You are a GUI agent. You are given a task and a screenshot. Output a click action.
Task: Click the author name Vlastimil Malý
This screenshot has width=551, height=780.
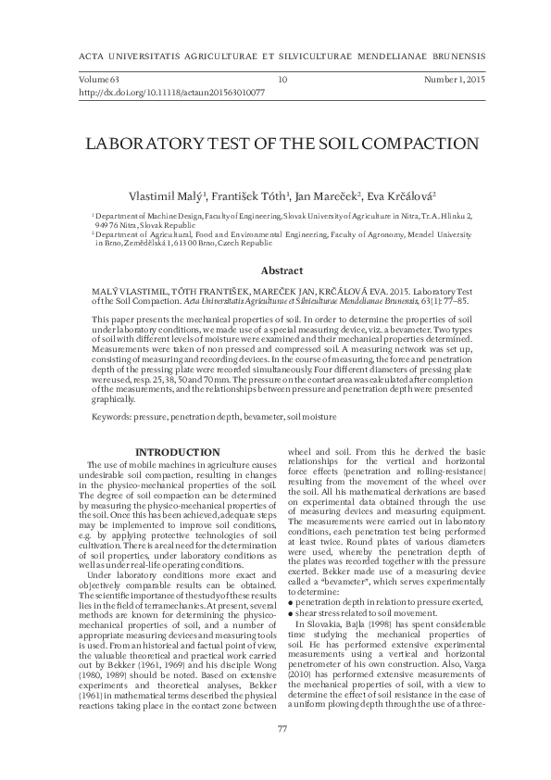pyautogui.click(x=168, y=196)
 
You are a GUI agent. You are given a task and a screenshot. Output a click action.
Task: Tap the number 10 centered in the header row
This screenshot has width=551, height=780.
pyautogui.click(x=282, y=81)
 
